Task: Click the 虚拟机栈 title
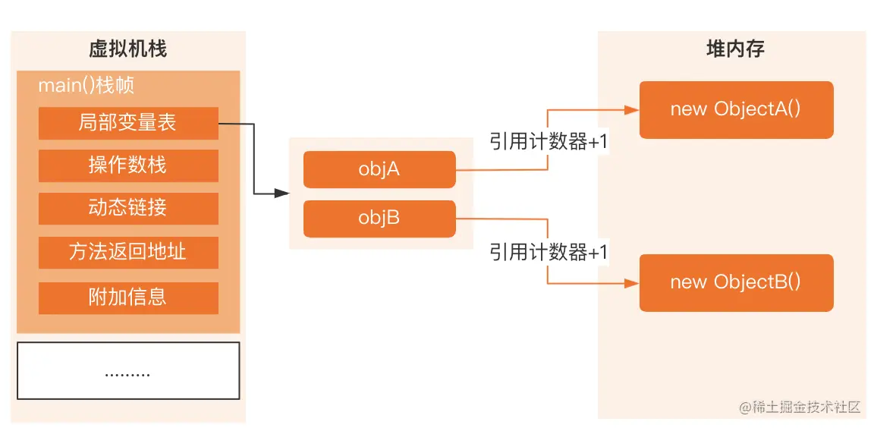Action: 127,50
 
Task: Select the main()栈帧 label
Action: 86,85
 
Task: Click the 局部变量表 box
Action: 127,123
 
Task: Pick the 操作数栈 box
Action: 127,165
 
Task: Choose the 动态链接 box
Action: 127,209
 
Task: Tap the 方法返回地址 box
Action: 127,253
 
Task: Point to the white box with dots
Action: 127,370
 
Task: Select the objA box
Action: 379,169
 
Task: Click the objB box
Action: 379,219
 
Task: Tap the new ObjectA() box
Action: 736,109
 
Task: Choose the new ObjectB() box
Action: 736,282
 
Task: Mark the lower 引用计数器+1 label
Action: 549,252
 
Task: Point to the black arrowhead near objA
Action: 283,194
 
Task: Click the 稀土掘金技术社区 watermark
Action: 800,408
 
